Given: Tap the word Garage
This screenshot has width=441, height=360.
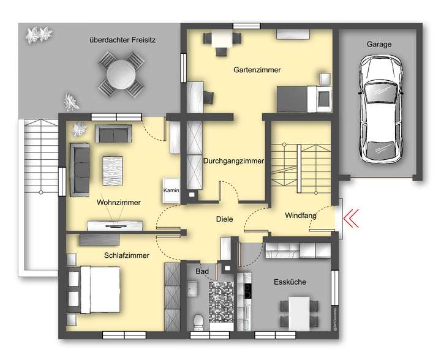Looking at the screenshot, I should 379,45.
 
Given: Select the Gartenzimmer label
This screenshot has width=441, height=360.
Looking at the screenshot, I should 257,70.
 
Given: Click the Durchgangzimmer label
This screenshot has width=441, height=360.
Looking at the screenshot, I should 233,162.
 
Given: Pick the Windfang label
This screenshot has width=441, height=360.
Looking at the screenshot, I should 300,216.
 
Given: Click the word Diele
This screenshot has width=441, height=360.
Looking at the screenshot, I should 224,219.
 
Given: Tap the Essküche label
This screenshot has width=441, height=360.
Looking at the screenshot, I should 289,282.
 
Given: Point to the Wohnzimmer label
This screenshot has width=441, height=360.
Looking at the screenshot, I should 119,203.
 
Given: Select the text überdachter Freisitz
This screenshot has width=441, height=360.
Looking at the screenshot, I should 123,40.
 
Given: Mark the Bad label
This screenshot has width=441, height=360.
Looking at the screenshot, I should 202,271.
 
